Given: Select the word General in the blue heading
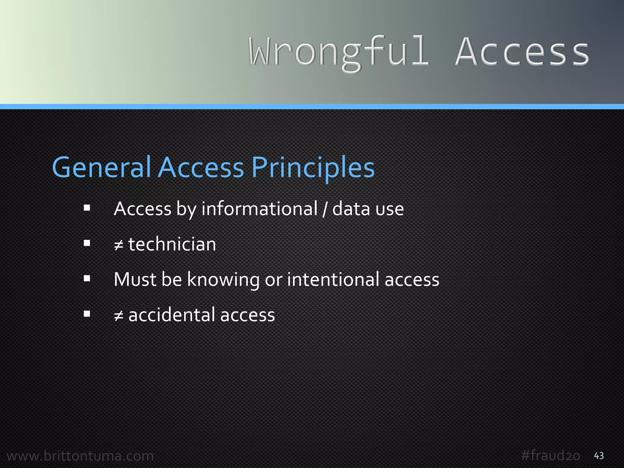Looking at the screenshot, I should pyautogui.click(x=101, y=167).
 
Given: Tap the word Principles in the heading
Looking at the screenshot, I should pyautogui.click(x=313, y=167).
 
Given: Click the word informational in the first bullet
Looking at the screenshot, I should pyautogui.click(x=259, y=209).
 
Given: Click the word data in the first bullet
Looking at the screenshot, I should pyautogui.click(x=351, y=209).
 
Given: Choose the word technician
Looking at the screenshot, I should pyautogui.click(x=172, y=244).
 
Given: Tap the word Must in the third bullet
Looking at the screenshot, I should pyautogui.click(x=135, y=279).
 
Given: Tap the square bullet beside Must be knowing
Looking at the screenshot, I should pyautogui.click(x=87, y=278).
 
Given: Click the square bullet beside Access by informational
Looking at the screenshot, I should pyautogui.click(x=87, y=208).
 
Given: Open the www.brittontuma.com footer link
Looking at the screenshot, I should pyautogui.click(x=80, y=456).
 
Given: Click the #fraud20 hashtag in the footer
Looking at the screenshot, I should pyautogui.click(x=550, y=456).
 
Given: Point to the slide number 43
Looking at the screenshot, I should pyautogui.click(x=599, y=456).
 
